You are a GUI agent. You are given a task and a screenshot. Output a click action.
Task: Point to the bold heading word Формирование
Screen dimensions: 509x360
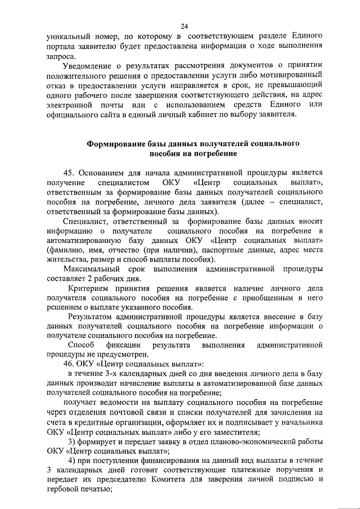tap(117, 144)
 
